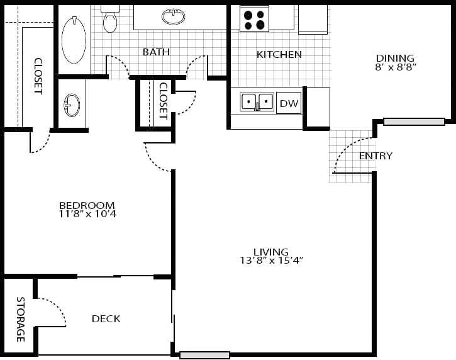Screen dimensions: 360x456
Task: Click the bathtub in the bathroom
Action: [74, 40]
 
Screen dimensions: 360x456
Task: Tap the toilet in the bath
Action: [110, 20]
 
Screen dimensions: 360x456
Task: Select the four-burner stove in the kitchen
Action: [254, 19]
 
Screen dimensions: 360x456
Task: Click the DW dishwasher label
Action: [289, 103]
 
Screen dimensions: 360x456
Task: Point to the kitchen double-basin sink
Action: [257, 102]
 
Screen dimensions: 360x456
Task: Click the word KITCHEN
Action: [279, 55]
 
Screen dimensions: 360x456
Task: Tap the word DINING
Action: [395, 58]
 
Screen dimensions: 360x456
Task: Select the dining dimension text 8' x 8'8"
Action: [396, 67]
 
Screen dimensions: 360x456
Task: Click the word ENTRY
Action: [375, 156]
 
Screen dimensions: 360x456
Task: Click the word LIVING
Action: [271, 252]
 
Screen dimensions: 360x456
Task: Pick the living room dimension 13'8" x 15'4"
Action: [272, 261]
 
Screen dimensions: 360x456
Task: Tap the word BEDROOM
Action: [87, 205]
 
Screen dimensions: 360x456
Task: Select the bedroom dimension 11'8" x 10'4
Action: [87, 214]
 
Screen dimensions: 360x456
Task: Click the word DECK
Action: [106, 319]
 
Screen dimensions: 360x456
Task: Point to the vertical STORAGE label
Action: [20, 319]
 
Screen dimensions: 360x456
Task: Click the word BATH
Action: [156, 52]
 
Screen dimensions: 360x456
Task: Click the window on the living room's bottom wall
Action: [204, 355]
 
